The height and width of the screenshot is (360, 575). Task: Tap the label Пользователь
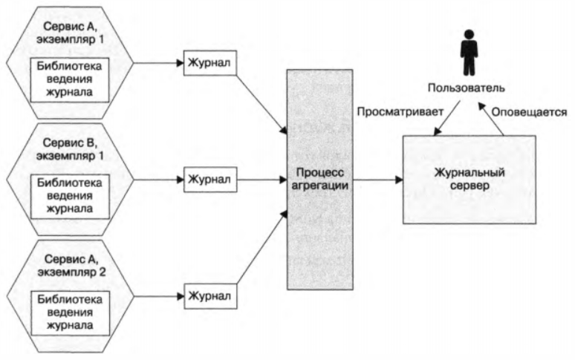tap(467, 88)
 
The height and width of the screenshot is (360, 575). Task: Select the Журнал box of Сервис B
tap(208, 179)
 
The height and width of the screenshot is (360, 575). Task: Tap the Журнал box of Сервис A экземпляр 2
tap(208, 296)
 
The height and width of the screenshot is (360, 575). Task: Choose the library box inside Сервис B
tap(69, 194)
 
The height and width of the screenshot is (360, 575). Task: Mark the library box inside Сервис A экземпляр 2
tap(69, 311)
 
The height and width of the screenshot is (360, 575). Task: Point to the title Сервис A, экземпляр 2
tap(69, 264)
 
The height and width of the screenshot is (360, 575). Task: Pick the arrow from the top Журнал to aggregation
tap(260, 100)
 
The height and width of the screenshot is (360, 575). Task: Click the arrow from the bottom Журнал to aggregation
tap(260, 252)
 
